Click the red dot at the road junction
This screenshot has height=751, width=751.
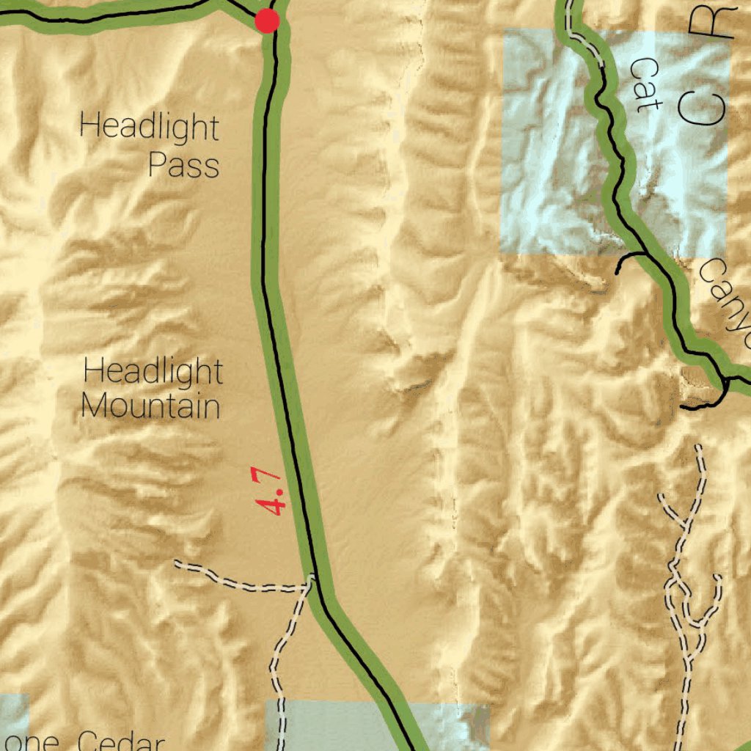point(267,21)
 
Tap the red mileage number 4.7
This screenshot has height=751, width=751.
point(271,492)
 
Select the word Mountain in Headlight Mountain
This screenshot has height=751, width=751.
point(150,406)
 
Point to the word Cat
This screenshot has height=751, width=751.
point(645,85)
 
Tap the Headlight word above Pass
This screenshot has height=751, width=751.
point(149,127)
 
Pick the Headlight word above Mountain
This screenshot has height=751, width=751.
point(153,371)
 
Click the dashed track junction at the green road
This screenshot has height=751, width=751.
point(312,579)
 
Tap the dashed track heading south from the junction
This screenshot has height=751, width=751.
point(282,645)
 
